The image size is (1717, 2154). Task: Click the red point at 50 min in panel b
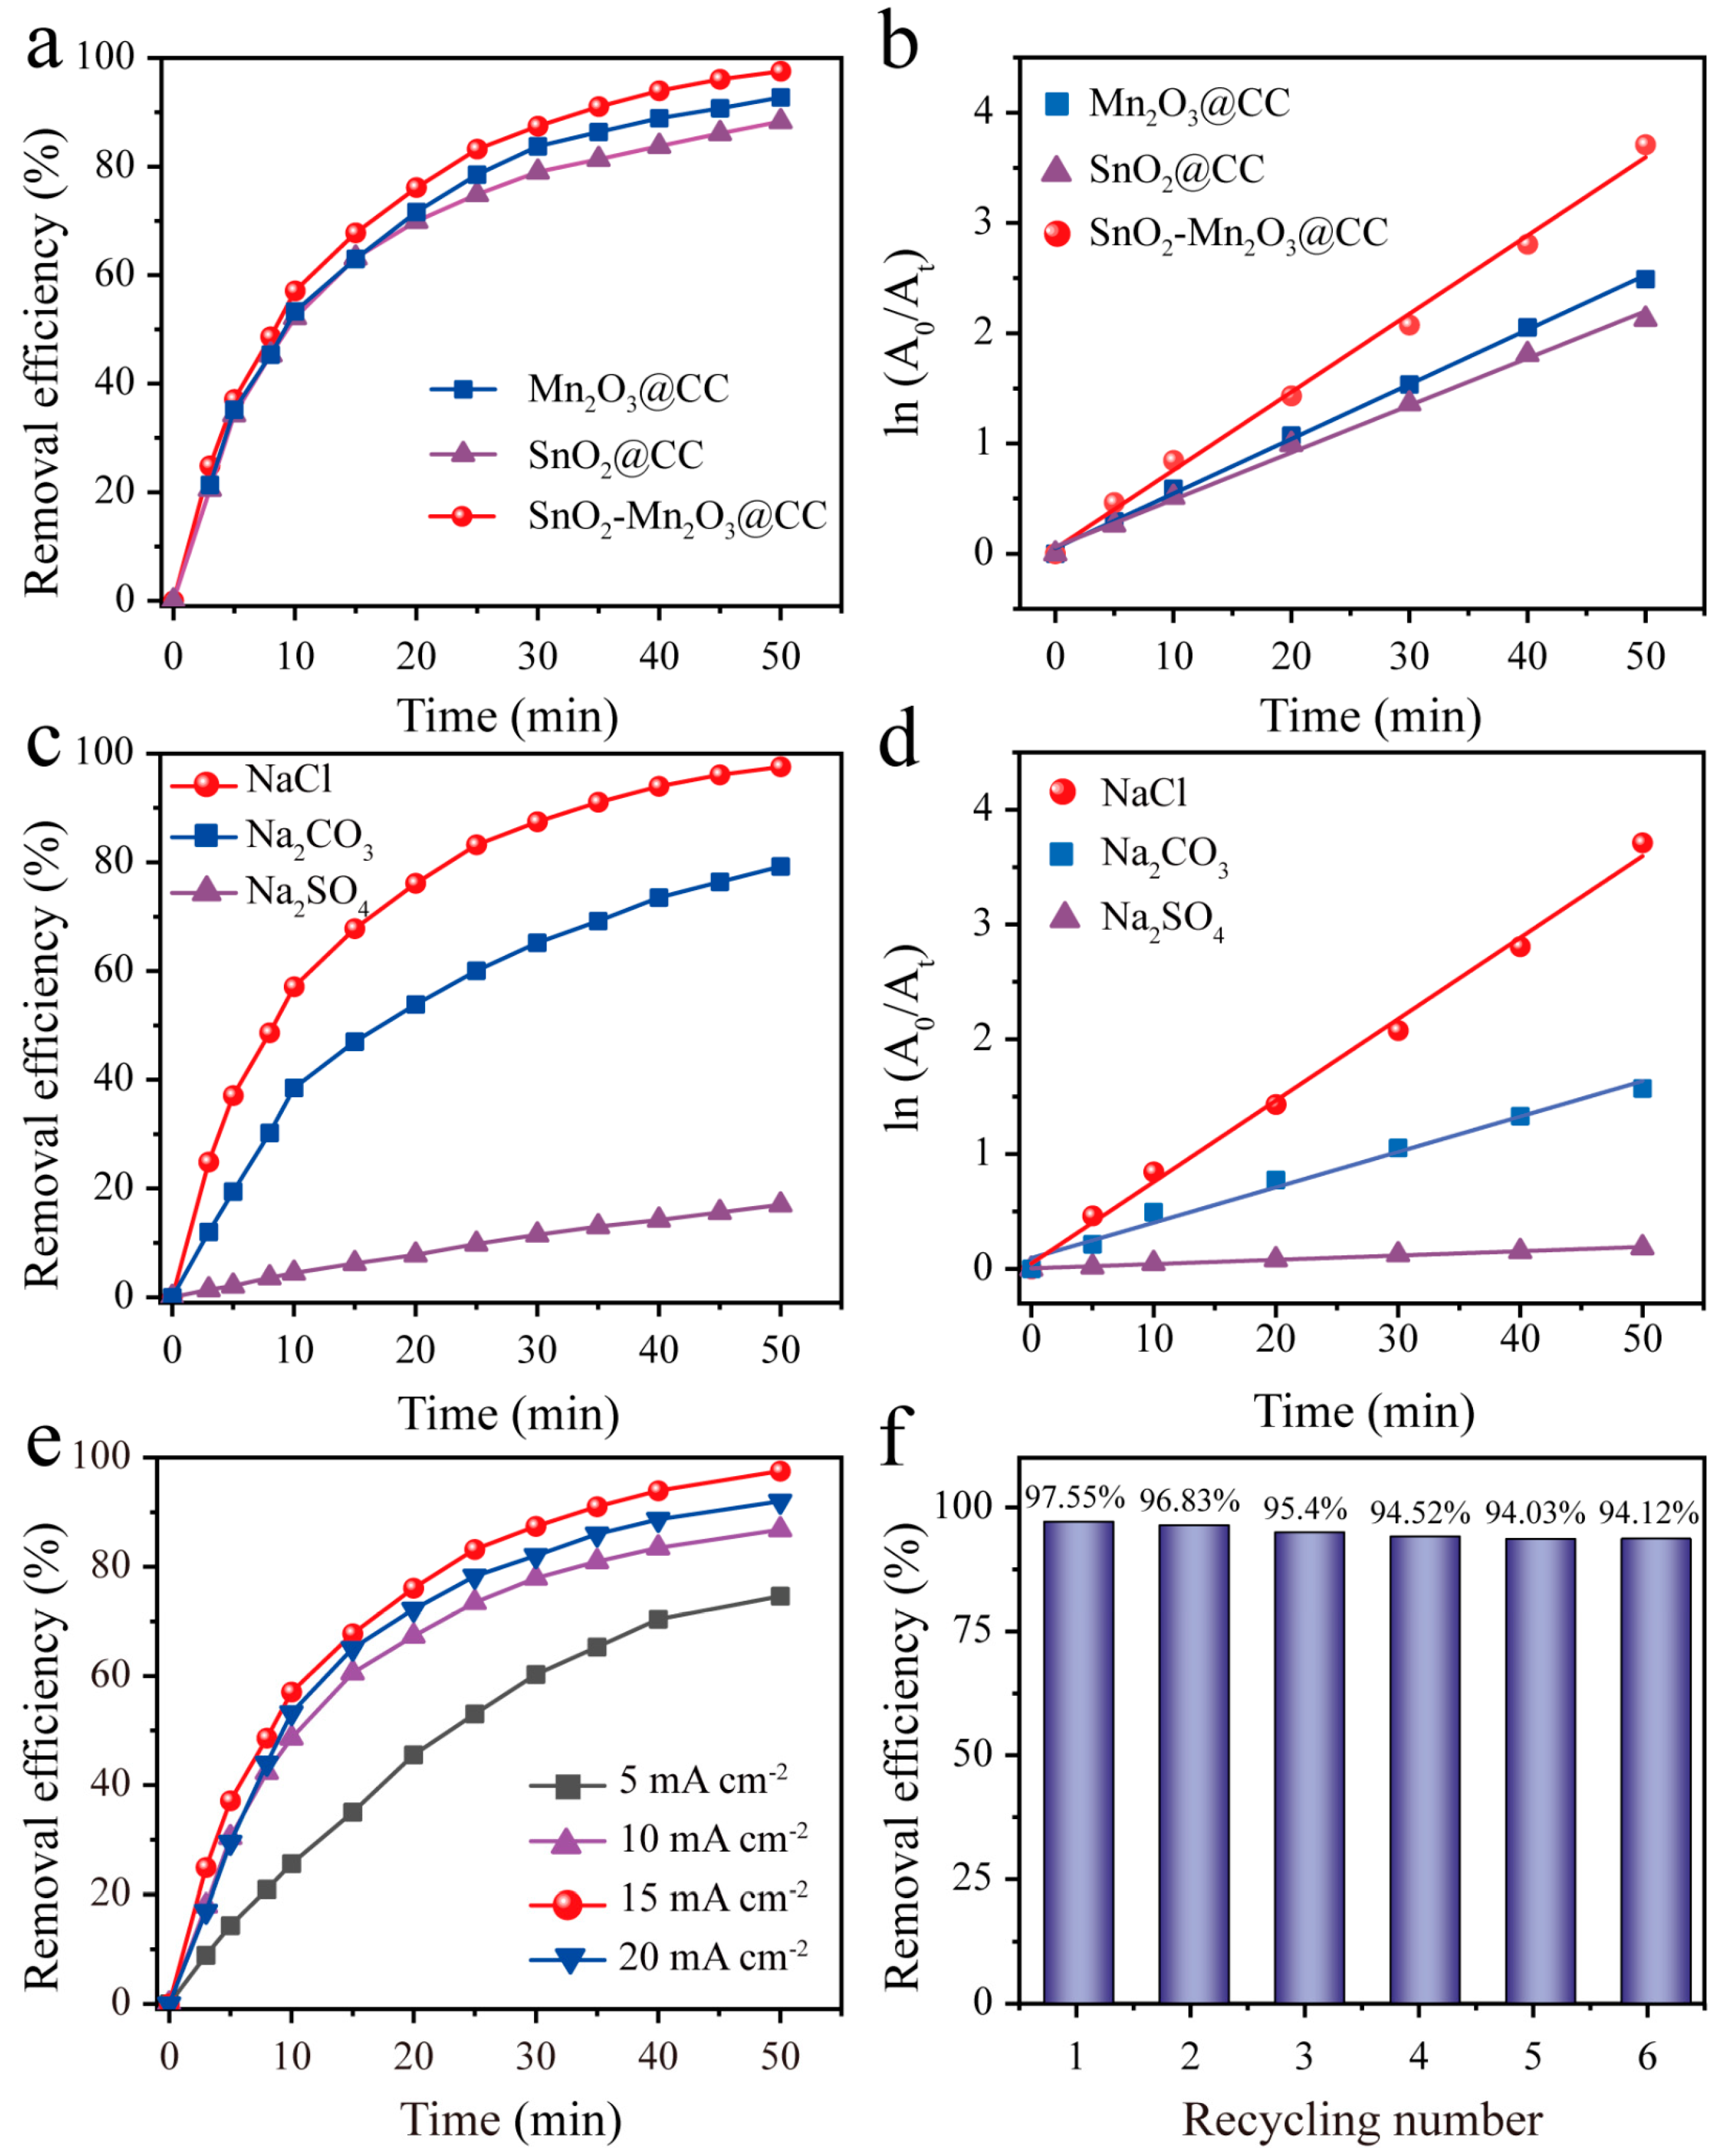pos(1645,145)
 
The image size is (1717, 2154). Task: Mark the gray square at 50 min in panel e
pos(779,1596)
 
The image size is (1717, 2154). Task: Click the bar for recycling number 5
pos(1540,1771)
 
